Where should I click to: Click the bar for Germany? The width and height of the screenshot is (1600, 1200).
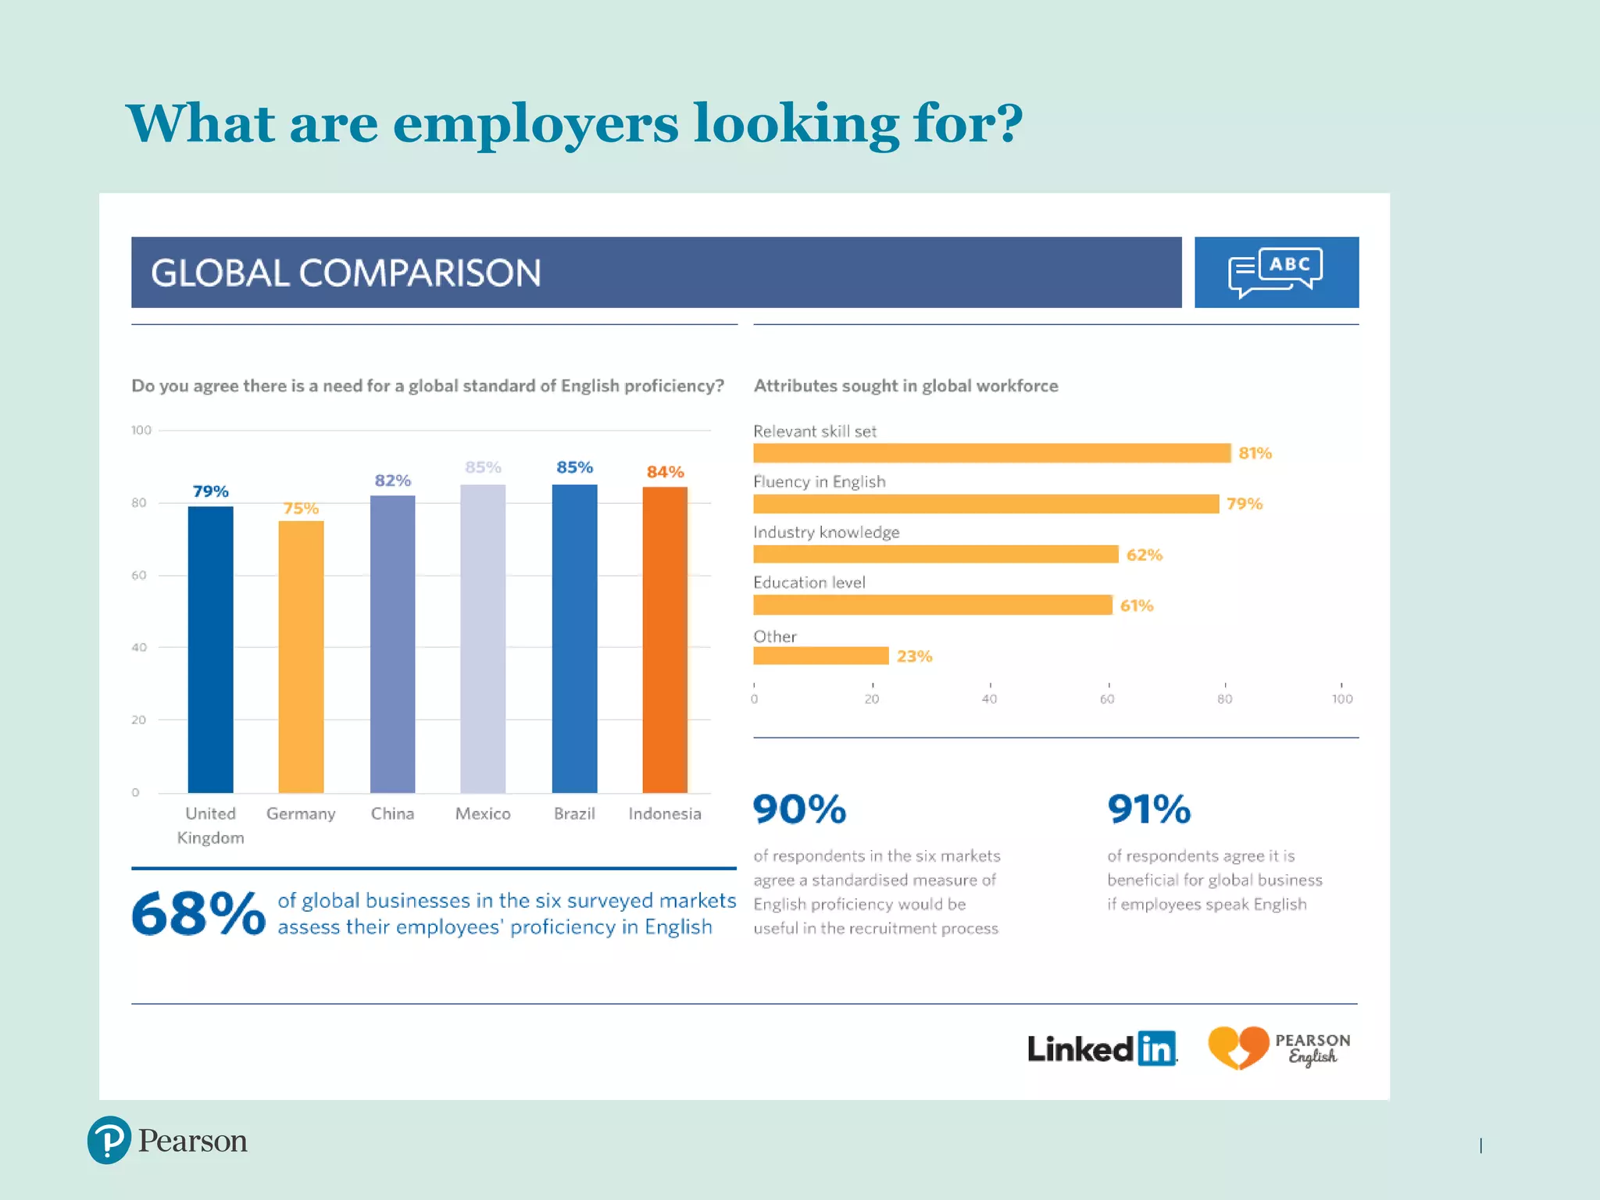click(301, 656)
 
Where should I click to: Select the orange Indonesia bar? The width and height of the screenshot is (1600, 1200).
click(665, 639)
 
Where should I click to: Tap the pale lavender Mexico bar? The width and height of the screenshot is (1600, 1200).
click(483, 638)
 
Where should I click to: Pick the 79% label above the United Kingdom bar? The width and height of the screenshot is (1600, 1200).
click(210, 491)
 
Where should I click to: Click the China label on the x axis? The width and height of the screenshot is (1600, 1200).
click(392, 813)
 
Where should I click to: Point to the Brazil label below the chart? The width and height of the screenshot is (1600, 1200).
click(574, 813)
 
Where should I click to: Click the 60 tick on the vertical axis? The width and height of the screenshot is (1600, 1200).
click(139, 575)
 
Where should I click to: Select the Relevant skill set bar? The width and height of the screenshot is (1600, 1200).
click(991, 453)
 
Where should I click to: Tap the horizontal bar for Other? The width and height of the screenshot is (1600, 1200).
click(820, 655)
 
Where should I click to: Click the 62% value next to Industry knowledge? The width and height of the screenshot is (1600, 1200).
click(1144, 555)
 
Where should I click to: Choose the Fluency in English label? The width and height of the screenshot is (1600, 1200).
click(819, 481)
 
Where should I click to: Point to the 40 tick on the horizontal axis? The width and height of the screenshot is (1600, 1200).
click(989, 698)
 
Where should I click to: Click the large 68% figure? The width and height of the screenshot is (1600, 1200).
click(198, 913)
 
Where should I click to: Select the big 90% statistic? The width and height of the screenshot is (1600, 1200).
click(799, 809)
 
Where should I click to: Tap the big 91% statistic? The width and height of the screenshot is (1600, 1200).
click(1148, 809)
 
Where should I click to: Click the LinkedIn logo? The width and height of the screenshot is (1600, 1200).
click(1102, 1048)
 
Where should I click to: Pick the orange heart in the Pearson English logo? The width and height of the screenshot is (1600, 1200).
click(1238, 1047)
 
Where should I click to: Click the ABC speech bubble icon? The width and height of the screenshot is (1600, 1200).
click(1276, 272)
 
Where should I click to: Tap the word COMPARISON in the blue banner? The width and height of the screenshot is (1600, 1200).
click(420, 273)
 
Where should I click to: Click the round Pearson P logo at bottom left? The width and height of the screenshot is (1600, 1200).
click(109, 1140)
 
